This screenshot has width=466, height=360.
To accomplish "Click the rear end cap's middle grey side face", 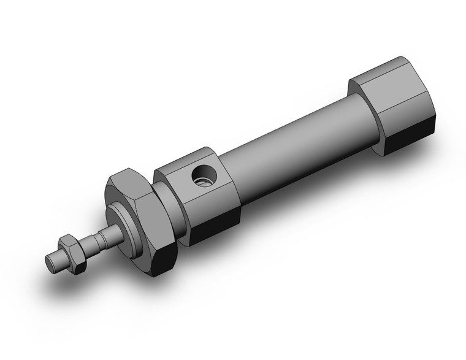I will [402, 101].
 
